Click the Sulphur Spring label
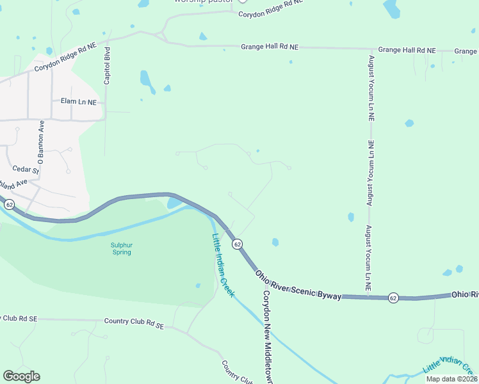click(121, 248)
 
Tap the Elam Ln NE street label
click(78, 102)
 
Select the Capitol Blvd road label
click(107, 65)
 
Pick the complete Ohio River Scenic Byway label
click(298, 284)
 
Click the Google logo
click(21, 376)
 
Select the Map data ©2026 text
click(451, 379)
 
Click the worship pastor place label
click(203, 2)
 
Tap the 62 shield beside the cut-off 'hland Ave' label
click(9, 204)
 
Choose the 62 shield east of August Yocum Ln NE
click(393, 298)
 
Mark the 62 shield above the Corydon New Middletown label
click(237, 244)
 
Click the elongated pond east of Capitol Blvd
click(147, 81)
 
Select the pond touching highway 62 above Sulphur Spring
click(174, 203)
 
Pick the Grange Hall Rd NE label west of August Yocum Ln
click(270, 47)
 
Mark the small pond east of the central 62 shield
click(275, 242)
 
